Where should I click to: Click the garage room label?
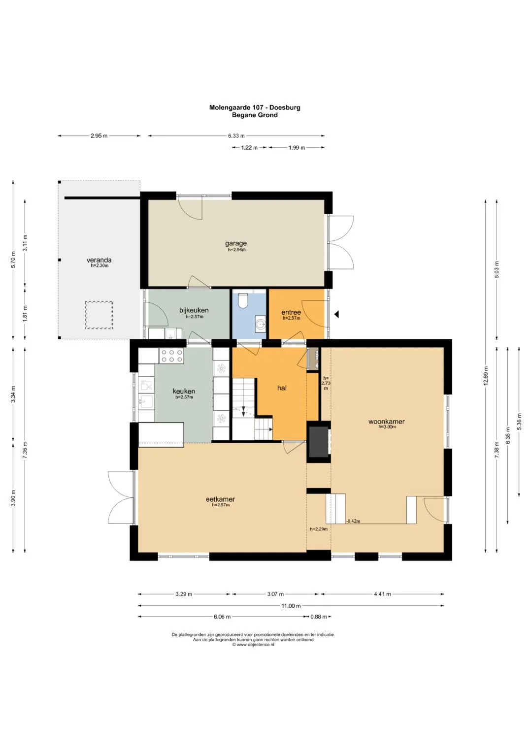(x=236, y=243)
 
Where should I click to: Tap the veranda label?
(x=99, y=260)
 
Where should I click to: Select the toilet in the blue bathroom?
(x=242, y=300)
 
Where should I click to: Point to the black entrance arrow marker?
(x=336, y=314)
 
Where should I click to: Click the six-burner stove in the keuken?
(x=171, y=356)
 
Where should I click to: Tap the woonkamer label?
(x=387, y=422)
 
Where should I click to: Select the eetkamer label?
(x=220, y=499)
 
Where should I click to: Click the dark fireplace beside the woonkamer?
(x=319, y=442)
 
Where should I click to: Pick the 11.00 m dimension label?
(x=291, y=606)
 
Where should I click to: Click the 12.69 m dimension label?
(x=485, y=376)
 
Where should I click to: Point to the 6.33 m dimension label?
(x=236, y=136)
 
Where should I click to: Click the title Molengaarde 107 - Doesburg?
(x=255, y=107)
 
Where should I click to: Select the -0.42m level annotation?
(x=353, y=522)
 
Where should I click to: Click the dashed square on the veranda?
(x=99, y=315)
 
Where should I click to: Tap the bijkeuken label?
(x=194, y=310)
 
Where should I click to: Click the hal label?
(x=282, y=388)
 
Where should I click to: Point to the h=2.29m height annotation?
(x=318, y=529)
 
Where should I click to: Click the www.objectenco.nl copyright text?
(x=253, y=645)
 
